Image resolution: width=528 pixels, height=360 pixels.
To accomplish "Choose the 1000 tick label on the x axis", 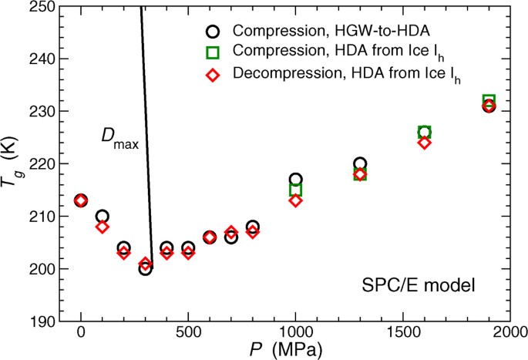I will click(295, 331).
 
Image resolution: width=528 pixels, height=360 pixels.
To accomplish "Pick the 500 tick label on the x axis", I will click(188, 331).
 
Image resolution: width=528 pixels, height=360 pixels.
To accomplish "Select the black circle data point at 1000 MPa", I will click(295, 180).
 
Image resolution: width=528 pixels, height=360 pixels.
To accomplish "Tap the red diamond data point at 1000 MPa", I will click(295, 200).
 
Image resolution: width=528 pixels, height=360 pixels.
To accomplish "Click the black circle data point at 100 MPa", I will click(103, 217).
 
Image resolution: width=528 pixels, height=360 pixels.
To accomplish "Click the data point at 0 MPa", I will click(81, 200).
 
